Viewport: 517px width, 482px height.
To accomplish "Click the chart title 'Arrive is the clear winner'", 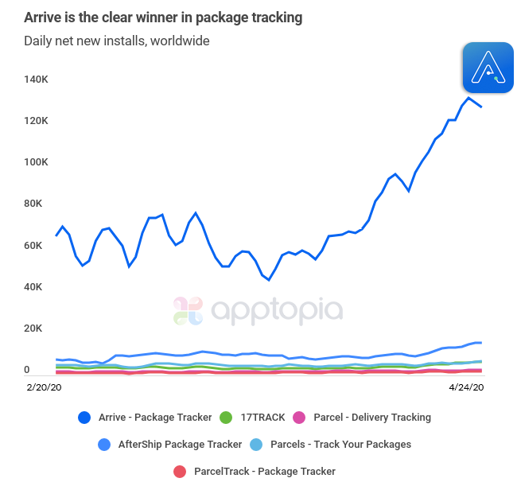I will point(162,17).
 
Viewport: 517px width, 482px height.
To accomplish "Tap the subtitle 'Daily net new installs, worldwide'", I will point(116,41).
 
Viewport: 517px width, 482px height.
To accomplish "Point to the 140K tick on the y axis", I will point(37,80).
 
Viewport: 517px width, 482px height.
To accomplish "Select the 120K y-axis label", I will point(37,121).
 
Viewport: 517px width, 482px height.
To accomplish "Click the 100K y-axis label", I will point(37,162).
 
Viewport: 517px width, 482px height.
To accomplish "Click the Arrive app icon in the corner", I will point(488,68).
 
